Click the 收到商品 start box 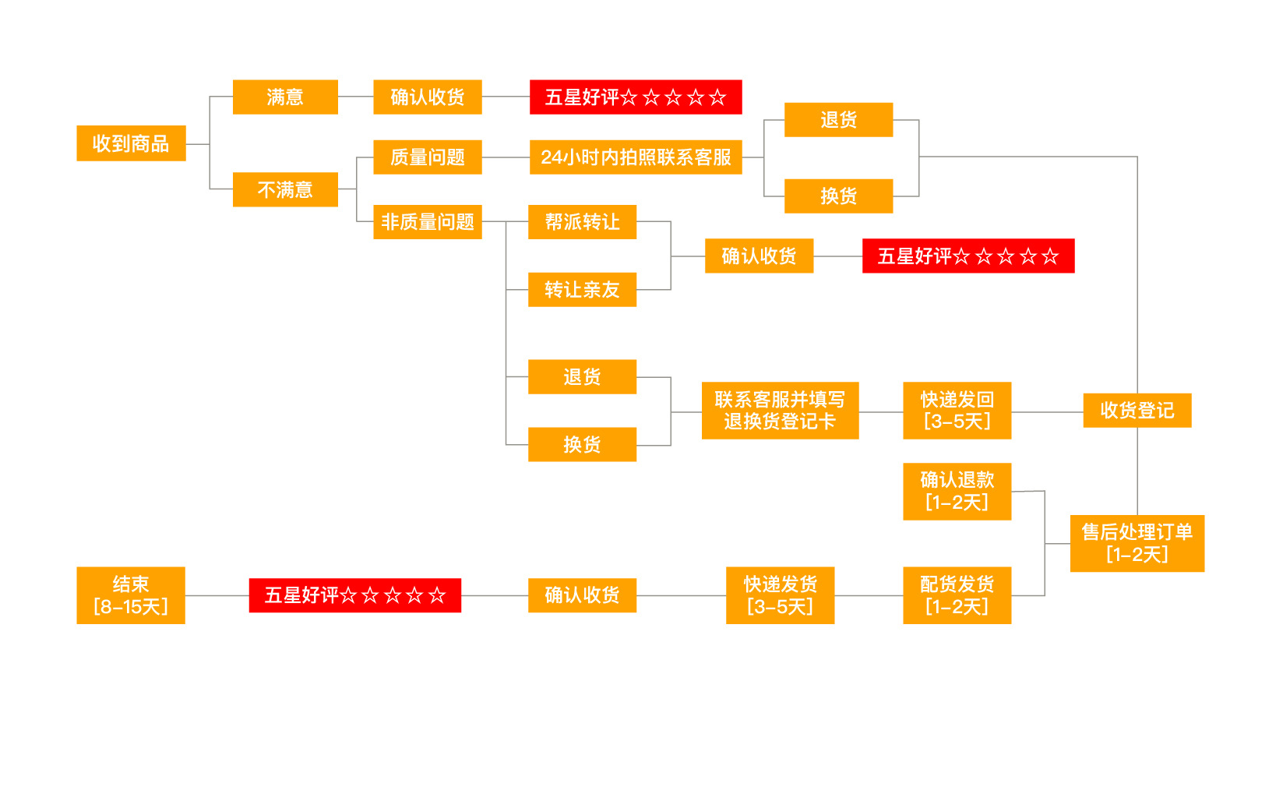[131, 143]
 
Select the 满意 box [285, 97]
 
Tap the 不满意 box [285, 189]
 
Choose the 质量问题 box [427, 157]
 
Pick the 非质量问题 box [427, 222]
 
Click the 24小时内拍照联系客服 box [636, 157]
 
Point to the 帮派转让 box [582, 222]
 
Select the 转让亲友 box [582, 290]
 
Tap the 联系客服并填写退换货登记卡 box [780, 411]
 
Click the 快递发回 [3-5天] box [957, 411]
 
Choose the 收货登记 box [1137, 411]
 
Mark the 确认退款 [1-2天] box [957, 492]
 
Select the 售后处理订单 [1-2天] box [1137, 544]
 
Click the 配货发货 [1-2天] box [957, 595]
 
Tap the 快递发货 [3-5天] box [780, 595]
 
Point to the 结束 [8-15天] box [131, 595]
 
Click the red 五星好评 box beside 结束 [354, 595]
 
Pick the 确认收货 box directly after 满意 [427, 97]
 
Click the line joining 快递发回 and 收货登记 [1047, 411]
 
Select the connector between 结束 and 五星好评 [217, 595]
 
